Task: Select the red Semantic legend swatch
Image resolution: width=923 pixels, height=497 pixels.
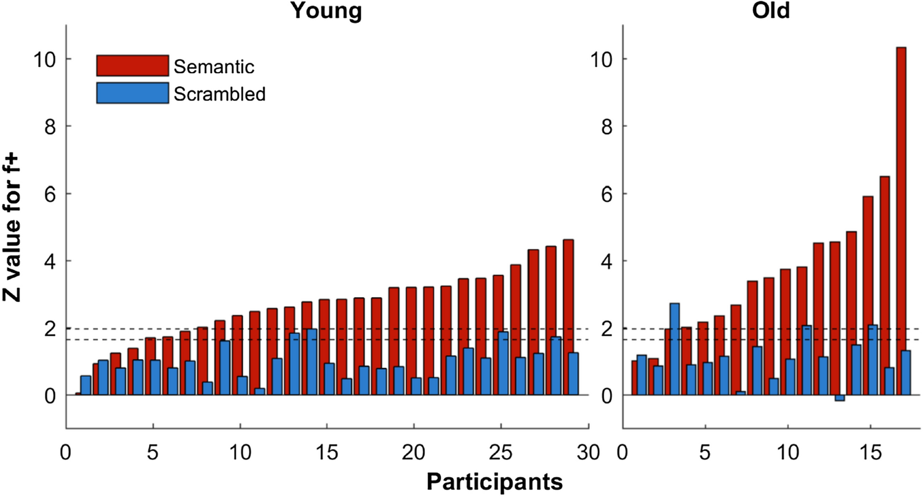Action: [132, 65]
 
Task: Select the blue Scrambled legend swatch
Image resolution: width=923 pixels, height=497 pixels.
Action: [132, 93]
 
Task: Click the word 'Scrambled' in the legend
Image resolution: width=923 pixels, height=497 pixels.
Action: [220, 94]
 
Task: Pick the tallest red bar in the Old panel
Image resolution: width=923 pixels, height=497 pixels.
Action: [901, 221]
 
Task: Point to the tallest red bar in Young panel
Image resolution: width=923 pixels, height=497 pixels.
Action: [568, 317]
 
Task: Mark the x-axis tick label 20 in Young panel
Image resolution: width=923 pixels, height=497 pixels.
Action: [414, 452]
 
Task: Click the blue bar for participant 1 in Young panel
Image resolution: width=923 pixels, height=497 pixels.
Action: [86, 385]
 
